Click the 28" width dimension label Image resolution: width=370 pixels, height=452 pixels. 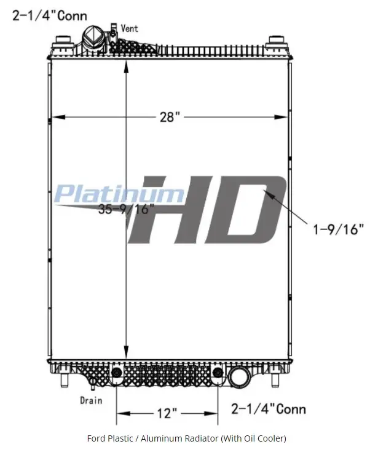170,117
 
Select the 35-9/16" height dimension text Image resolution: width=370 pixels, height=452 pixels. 127,209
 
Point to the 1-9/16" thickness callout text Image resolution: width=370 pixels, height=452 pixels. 338,229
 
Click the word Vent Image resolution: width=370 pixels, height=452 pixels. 130,28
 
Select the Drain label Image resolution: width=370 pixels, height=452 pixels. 91,400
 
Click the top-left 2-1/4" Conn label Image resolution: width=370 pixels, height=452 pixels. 50,15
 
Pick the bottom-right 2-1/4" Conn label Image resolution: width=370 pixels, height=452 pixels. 269,409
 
